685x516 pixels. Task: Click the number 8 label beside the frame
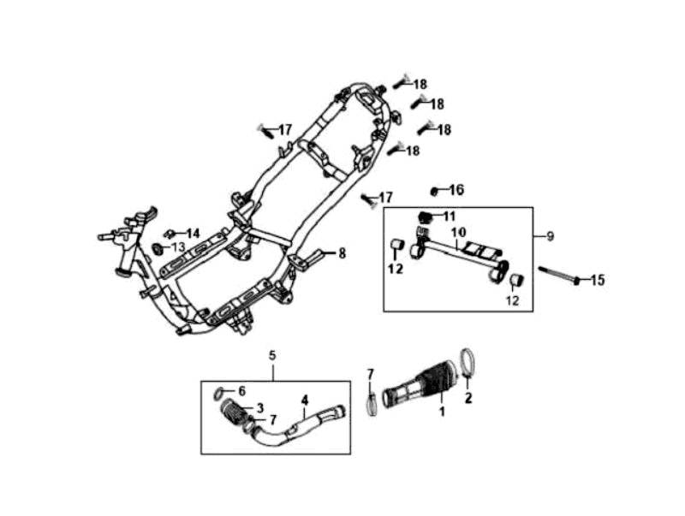(342, 253)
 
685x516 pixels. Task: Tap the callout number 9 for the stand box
(550, 235)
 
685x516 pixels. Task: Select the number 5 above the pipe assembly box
(272, 354)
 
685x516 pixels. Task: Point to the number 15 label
(597, 280)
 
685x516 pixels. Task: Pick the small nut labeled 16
(435, 190)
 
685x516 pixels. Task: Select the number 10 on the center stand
(458, 232)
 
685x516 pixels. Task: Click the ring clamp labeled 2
(469, 360)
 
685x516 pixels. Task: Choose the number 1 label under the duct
(443, 412)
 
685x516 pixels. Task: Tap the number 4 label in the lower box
(304, 399)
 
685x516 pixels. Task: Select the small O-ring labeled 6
(218, 394)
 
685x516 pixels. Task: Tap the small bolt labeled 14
(170, 233)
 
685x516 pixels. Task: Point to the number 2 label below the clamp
(468, 399)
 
